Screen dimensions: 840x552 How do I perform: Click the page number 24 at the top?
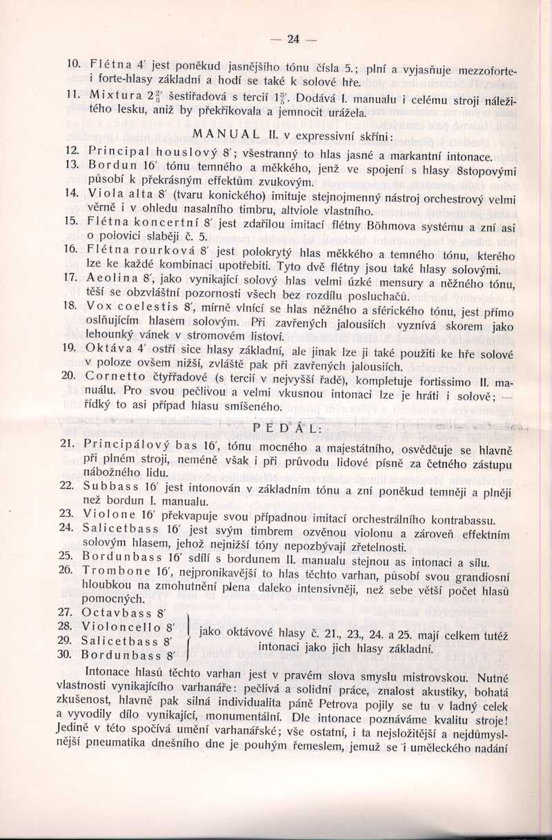(293, 39)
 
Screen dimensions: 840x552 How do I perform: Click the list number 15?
(69, 220)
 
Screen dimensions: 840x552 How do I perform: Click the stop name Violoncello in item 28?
(121, 627)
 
